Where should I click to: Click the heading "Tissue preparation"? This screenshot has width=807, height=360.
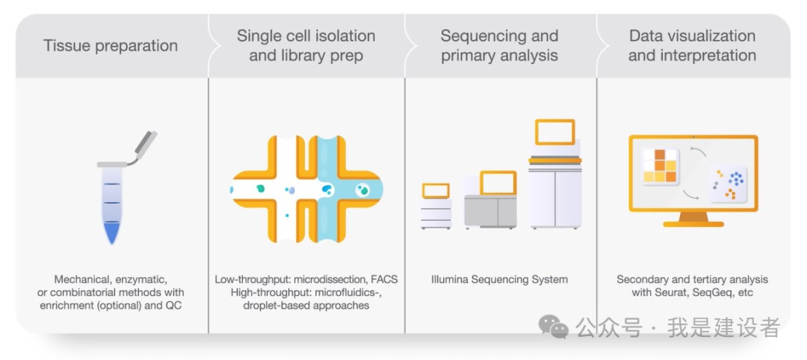point(111,46)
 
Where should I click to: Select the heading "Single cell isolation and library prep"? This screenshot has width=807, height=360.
point(306,46)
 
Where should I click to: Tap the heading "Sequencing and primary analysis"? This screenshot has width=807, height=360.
point(499,46)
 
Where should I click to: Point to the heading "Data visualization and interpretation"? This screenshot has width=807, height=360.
point(692,46)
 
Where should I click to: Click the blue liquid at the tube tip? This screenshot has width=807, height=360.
point(112,233)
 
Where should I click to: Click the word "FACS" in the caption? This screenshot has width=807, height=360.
point(383,279)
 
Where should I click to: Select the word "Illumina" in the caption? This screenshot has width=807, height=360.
point(452,279)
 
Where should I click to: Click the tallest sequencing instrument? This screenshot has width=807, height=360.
point(554,187)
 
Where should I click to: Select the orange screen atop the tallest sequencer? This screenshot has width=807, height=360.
point(554,132)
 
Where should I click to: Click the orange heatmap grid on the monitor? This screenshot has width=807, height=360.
point(660,166)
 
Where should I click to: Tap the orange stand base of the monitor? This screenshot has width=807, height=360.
point(693,223)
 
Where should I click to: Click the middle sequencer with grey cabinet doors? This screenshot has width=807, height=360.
point(490,209)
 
